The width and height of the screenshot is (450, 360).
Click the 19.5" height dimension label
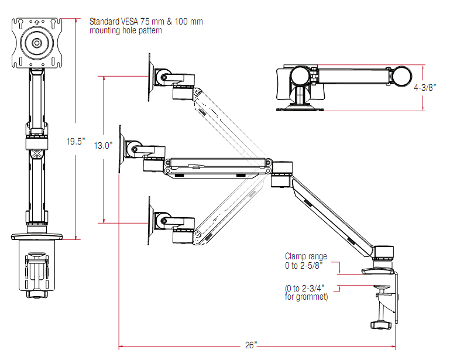(75, 141)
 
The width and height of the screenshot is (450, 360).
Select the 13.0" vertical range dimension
(103, 146)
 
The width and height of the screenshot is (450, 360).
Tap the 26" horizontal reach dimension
(251, 345)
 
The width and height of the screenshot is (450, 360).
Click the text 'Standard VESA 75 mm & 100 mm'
(146, 22)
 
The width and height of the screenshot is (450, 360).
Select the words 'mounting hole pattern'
(125, 30)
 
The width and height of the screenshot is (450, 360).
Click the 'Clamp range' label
(305, 256)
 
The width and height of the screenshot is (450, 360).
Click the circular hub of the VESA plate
(37, 43)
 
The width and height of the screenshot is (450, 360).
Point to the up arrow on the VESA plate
(37, 24)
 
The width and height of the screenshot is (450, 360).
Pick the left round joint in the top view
(302, 76)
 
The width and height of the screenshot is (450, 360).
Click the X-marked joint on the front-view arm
(37, 155)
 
